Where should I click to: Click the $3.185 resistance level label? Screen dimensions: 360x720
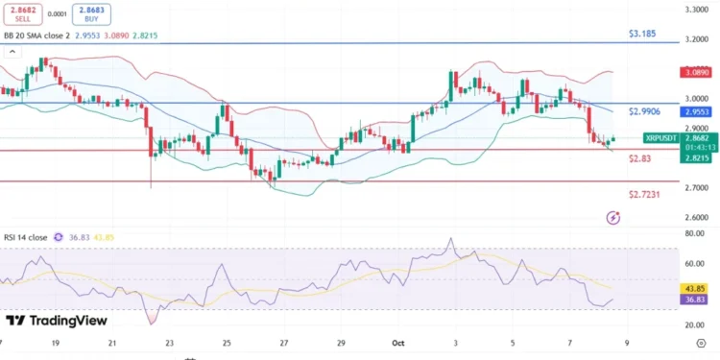[x=642, y=34]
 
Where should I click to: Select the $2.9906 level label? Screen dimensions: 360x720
[x=645, y=111]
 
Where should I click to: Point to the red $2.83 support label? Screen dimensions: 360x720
[x=640, y=158]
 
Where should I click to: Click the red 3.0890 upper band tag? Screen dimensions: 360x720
[x=694, y=72]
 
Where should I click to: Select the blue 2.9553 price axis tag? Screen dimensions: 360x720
[x=694, y=112]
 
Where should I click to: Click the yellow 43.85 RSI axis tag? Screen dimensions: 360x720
[x=694, y=288]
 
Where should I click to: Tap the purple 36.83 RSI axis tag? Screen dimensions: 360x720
[x=694, y=300]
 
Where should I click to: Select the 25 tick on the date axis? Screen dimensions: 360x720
[x=227, y=342]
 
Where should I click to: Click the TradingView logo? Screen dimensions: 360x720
[x=56, y=321]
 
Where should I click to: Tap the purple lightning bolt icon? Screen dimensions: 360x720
[x=613, y=218]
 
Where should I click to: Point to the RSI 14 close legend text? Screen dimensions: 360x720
[x=26, y=237]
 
